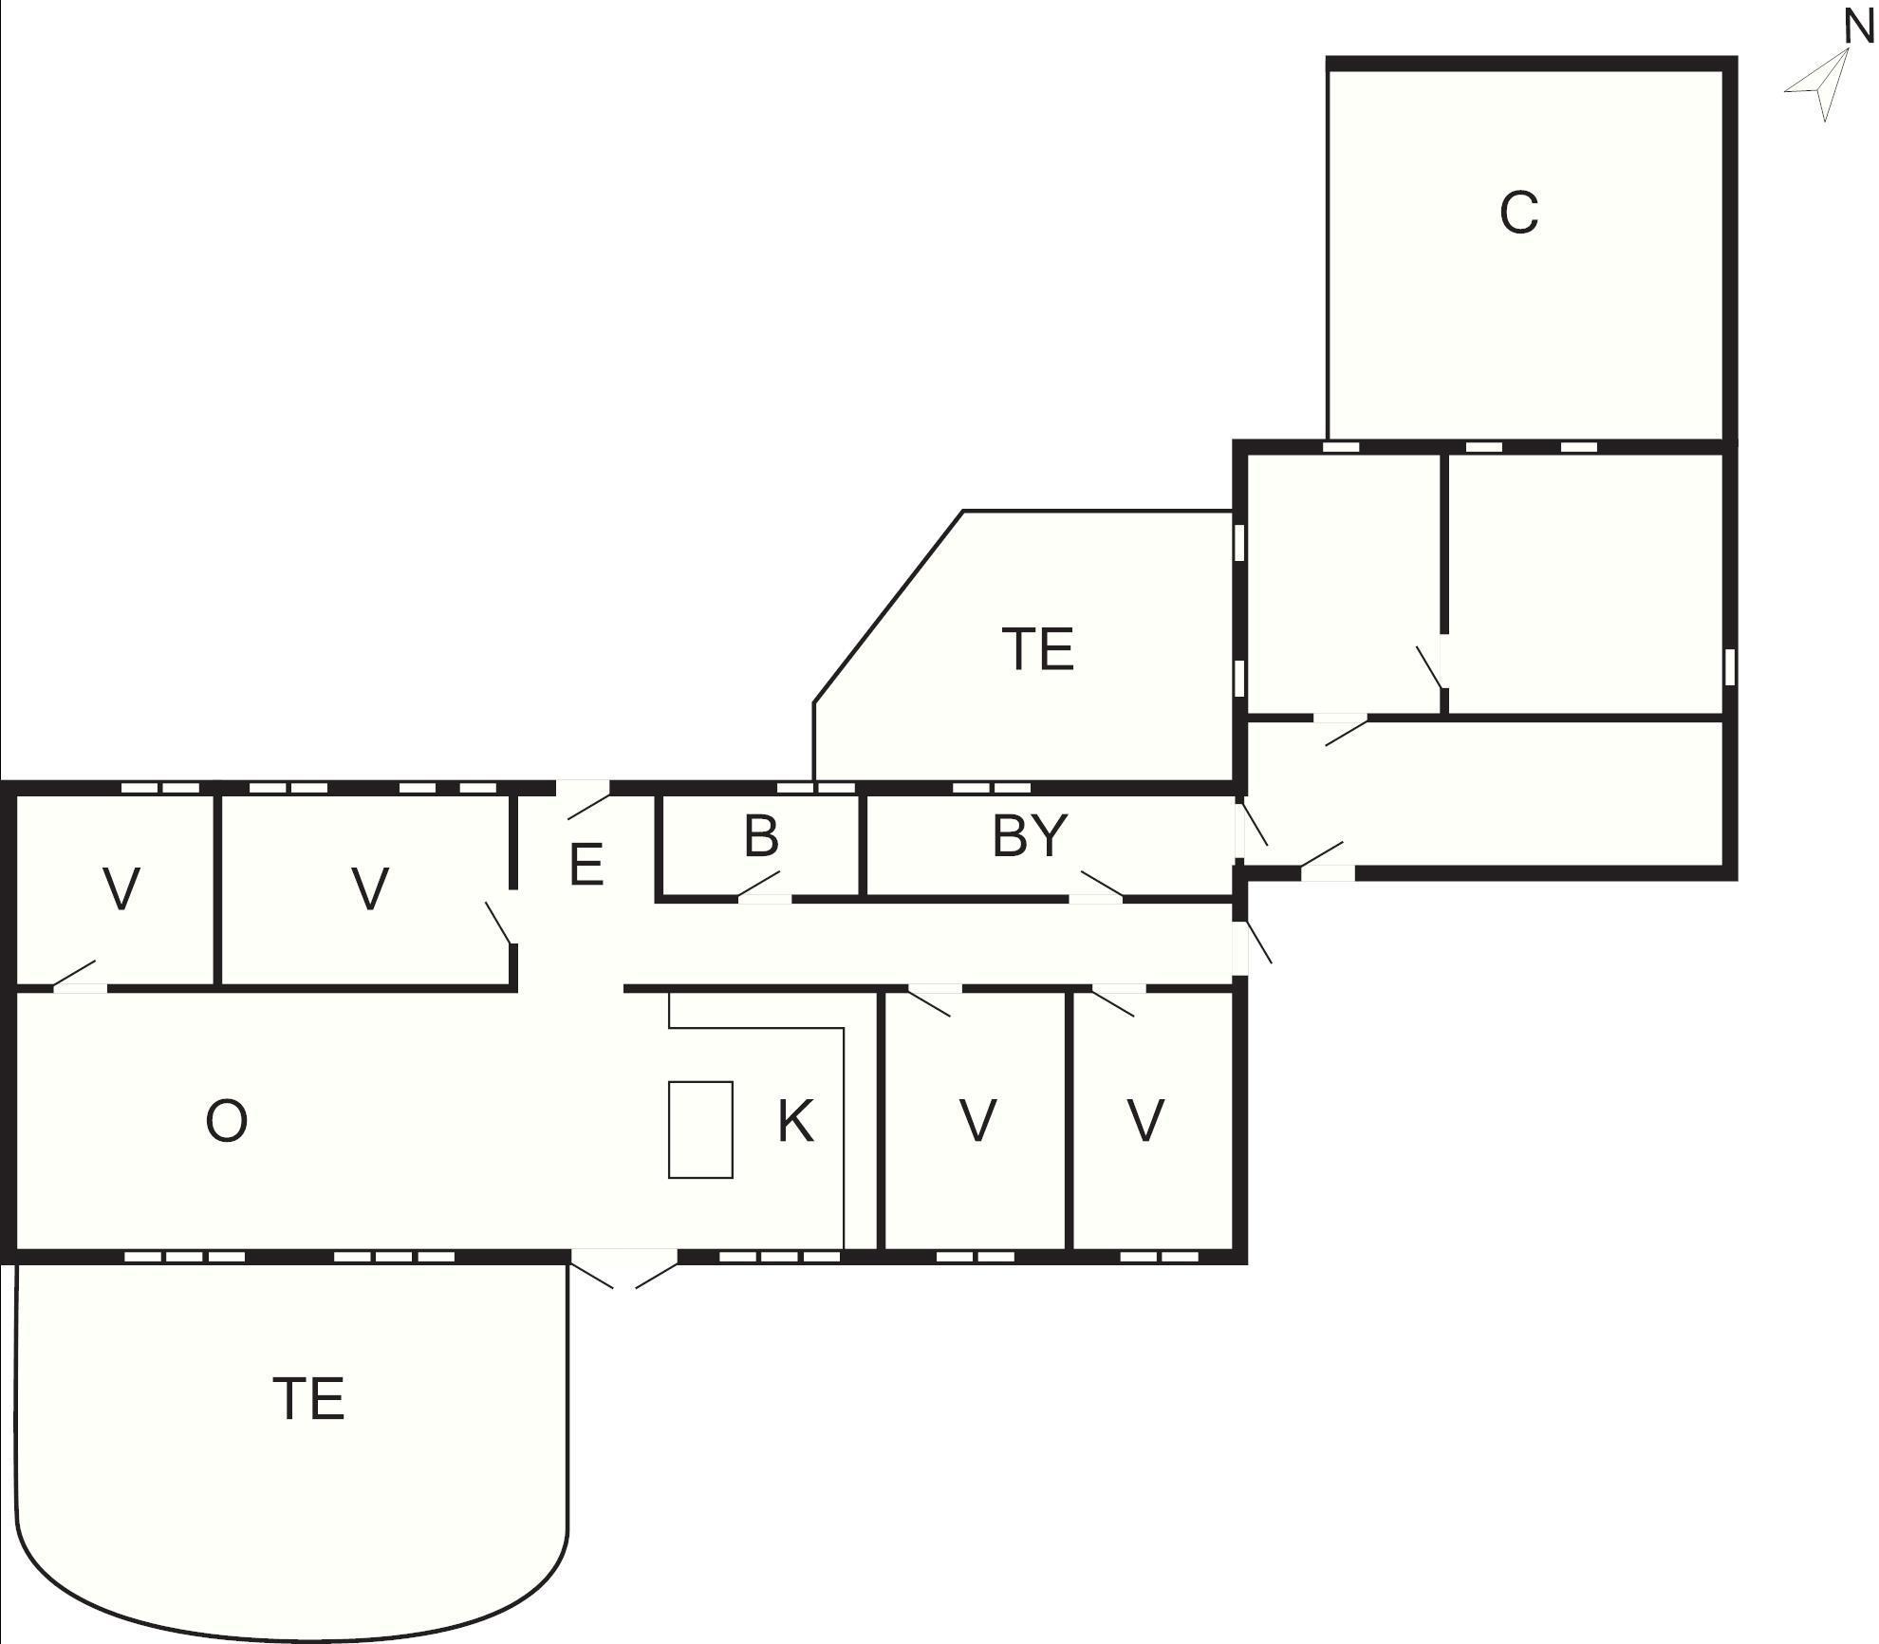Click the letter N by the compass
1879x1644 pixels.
[x=1858, y=27]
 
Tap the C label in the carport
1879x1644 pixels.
[x=1518, y=213]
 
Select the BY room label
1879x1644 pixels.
[x=1030, y=836]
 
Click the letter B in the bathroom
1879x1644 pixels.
[x=761, y=836]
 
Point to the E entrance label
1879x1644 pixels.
[x=586, y=865]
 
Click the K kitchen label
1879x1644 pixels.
[x=795, y=1121]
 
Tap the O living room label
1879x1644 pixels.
[x=227, y=1121]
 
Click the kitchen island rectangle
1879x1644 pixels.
[x=700, y=1130]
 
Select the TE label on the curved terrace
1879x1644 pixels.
[x=308, y=1399]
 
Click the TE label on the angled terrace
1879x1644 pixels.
[x=1038, y=649]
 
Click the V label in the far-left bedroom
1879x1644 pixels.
[x=121, y=889]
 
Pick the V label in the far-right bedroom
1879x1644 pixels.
[x=1145, y=1121]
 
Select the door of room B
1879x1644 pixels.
[x=763, y=887]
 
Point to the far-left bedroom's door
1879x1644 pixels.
[x=79, y=977]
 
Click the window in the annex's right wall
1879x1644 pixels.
[x=1730, y=666]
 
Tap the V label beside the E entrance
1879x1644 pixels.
[x=370, y=889]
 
